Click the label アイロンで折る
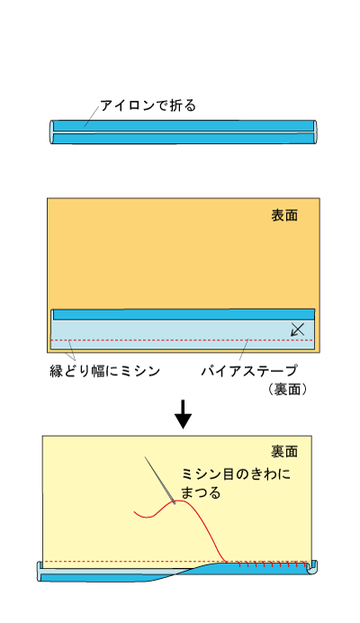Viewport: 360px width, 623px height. click(x=148, y=105)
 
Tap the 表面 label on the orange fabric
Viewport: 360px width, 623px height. click(x=284, y=215)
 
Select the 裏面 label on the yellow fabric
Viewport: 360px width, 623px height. click(x=284, y=451)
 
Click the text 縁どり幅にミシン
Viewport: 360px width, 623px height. click(x=105, y=371)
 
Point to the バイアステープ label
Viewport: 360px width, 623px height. click(x=249, y=371)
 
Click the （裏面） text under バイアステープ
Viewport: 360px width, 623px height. click(x=287, y=389)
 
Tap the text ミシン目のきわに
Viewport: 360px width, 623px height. click(x=236, y=474)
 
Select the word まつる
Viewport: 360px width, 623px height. click(x=201, y=492)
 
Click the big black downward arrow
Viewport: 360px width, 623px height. click(x=184, y=414)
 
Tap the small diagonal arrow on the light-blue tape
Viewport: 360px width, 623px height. click(x=298, y=330)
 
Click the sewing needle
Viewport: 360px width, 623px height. click(x=160, y=481)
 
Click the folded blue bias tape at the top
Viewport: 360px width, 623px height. click(x=184, y=132)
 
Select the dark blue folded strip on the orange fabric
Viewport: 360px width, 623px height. click(x=184, y=314)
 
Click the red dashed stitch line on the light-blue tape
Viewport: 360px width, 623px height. click(x=183, y=340)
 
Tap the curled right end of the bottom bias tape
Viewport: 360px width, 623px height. click(x=312, y=567)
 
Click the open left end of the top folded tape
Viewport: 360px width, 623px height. click(x=51, y=132)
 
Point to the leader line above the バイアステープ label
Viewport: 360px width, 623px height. click(x=245, y=349)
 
